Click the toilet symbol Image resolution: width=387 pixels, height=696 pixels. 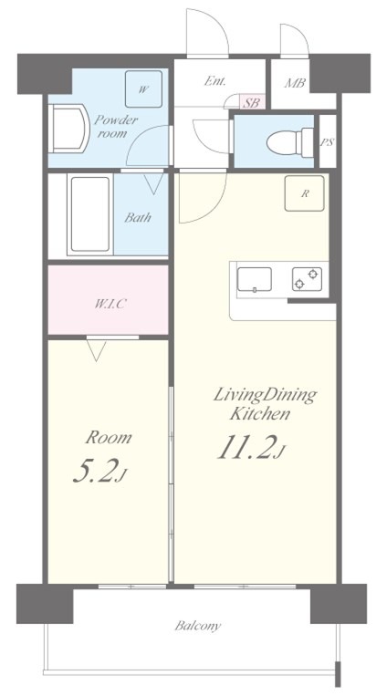[290, 142]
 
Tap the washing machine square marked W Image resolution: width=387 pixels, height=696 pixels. [143, 88]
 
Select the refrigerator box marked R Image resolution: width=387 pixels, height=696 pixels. [304, 193]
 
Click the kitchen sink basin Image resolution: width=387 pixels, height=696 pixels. [254, 280]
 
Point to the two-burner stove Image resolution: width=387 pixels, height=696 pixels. [307, 279]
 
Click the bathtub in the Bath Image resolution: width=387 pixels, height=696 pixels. [89, 214]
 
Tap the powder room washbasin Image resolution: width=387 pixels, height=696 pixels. [68, 129]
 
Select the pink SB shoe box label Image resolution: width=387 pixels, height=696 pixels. [252, 102]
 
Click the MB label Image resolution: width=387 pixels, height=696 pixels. [295, 83]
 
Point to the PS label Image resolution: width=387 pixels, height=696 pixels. [328, 142]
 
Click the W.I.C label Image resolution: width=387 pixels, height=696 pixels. [108, 305]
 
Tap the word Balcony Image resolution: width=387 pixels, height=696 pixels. [198, 627]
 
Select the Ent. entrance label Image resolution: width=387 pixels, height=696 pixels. [215, 81]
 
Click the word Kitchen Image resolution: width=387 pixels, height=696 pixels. [260, 414]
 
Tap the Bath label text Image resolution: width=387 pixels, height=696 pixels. [138, 217]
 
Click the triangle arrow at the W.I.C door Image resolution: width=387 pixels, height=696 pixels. [97, 350]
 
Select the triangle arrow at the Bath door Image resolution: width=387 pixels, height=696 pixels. [154, 183]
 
